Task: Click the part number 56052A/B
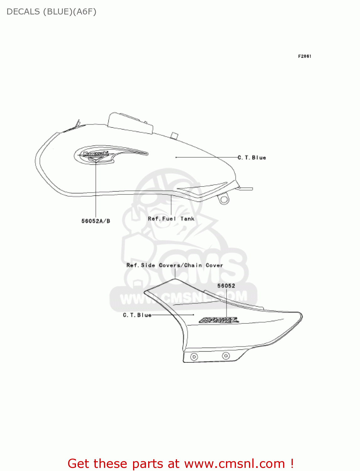pyautogui.click(x=96, y=221)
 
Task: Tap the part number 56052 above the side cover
pyautogui.click(x=226, y=286)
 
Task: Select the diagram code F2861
pyautogui.click(x=304, y=56)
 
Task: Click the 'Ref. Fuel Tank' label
pyautogui.click(x=171, y=219)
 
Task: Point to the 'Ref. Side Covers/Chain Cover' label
pyautogui.click(x=175, y=265)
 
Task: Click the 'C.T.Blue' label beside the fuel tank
pyautogui.click(x=252, y=158)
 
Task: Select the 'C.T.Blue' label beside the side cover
pyautogui.click(x=137, y=315)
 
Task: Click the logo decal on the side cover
pyautogui.click(x=219, y=320)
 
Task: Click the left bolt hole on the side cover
pyautogui.click(x=194, y=357)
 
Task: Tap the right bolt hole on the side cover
pyautogui.click(x=226, y=356)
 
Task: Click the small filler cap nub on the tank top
pyautogui.click(x=175, y=136)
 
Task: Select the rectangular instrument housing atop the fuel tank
pyautogui.click(x=130, y=123)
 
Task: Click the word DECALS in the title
pyautogui.click(x=23, y=12)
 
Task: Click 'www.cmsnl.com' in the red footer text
pyautogui.click(x=234, y=463)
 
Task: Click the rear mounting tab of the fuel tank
pyautogui.click(x=246, y=189)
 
